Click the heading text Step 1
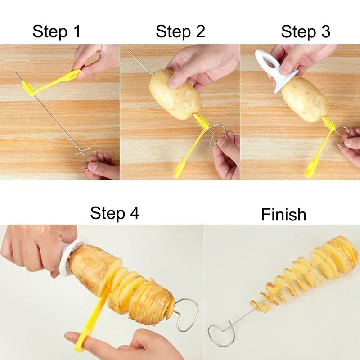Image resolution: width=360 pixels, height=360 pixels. click(56, 32)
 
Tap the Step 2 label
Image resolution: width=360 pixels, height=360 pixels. click(180, 31)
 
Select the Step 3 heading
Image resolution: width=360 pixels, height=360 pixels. click(306, 32)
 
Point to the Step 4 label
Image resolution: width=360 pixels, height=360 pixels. click(115, 213)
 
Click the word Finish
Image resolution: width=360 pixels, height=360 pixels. click(283, 215)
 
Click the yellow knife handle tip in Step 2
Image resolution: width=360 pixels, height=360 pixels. click(179, 171)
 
